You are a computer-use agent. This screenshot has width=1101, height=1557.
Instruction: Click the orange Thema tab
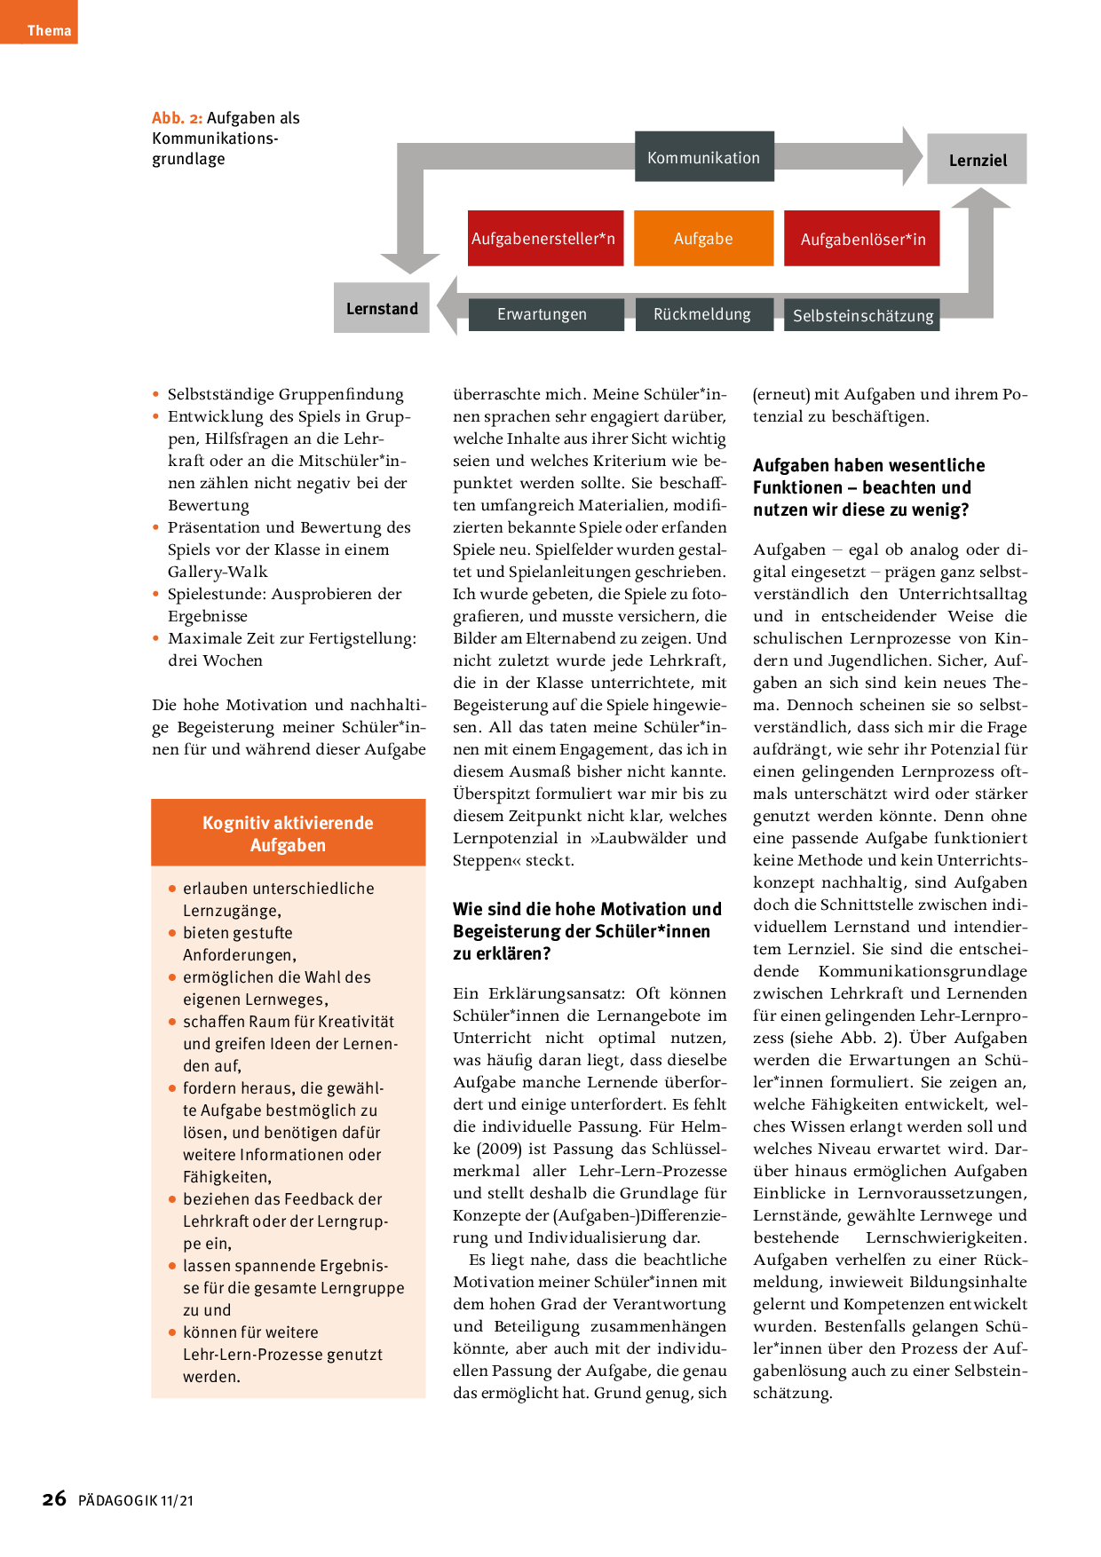(39, 23)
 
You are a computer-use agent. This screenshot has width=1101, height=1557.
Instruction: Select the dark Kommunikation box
(703, 157)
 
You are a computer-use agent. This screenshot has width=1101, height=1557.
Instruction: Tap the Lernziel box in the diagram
(977, 160)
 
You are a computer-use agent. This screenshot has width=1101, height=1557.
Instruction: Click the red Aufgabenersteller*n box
(544, 238)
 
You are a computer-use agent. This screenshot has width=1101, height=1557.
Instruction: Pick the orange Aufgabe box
(703, 238)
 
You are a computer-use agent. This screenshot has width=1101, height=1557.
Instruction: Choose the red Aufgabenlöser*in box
(862, 239)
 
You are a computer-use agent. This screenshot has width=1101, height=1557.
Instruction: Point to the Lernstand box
(382, 308)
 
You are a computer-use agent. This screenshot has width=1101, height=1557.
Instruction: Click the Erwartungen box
(542, 314)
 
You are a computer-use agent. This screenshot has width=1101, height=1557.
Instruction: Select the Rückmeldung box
(701, 314)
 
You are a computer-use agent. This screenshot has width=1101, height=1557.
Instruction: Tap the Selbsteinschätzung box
(862, 315)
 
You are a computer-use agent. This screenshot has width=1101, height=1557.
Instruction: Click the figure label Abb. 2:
(177, 118)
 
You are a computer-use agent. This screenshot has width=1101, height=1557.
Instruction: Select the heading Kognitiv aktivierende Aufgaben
(288, 834)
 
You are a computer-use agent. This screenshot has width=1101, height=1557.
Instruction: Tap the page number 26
(54, 1499)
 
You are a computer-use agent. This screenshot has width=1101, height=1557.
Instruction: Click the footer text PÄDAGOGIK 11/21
(136, 1501)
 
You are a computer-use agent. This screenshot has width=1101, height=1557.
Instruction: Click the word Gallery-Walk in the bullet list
(218, 572)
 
